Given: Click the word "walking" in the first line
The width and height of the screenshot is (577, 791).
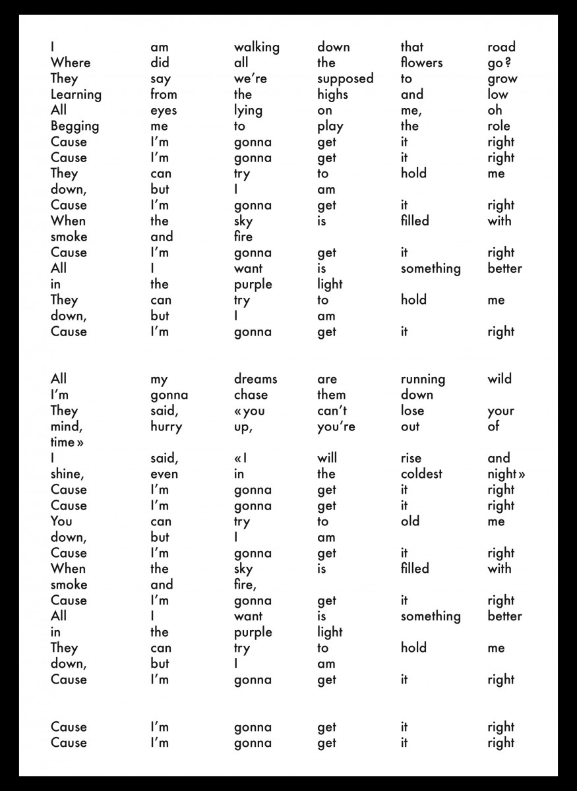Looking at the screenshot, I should pyautogui.click(x=257, y=47).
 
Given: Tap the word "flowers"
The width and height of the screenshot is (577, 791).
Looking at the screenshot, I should pyautogui.click(x=421, y=63).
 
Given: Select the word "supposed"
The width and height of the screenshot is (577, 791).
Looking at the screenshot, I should pyautogui.click(x=345, y=79).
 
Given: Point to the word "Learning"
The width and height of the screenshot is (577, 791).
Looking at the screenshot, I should pyautogui.click(x=76, y=95).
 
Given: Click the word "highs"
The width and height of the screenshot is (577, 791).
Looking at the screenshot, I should pyautogui.click(x=332, y=95).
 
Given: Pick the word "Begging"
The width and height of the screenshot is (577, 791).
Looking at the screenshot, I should pyautogui.click(x=75, y=127).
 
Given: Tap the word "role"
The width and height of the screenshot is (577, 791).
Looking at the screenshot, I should pyautogui.click(x=499, y=126).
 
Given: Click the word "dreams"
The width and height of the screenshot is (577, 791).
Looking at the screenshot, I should pyautogui.click(x=255, y=379).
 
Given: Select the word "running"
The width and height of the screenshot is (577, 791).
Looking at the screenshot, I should pyautogui.click(x=423, y=380).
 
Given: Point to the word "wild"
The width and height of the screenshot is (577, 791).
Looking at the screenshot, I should pyautogui.click(x=499, y=379).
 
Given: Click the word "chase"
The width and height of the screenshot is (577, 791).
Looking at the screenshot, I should pyautogui.click(x=251, y=395).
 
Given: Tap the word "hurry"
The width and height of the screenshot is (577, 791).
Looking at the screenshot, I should pyautogui.click(x=166, y=426).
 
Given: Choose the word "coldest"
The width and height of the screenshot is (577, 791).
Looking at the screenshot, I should pyautogui.click(x=421, y=474).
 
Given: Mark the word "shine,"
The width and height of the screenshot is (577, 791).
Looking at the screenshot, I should pyautogui.click(x=69, y=475).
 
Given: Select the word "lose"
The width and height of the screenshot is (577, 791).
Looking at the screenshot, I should pyautogui.click(x=412, y=411).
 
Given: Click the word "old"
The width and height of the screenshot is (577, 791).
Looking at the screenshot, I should pyautogui.click(x=410, y=521).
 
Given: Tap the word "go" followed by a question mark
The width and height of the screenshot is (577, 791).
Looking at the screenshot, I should pyautogui.click(x=500, y=63).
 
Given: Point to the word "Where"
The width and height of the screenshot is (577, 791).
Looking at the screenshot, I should pyautogui.click(x=71, y=63).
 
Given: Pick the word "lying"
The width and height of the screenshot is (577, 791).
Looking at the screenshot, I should pyautogui.click(x=248, y=111).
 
